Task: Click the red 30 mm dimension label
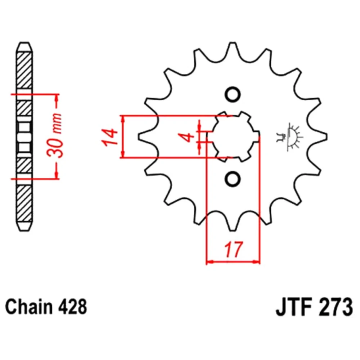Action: pos(55,135)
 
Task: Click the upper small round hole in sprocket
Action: pos(233,94)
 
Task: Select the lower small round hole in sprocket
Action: pos(233,179)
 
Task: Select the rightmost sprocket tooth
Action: pos(319,137)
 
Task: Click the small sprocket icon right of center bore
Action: pos(289,137)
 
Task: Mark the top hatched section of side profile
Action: pos(24,71)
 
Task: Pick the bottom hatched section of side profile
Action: pos(24,203)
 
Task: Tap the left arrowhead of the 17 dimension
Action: pos(210,261)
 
